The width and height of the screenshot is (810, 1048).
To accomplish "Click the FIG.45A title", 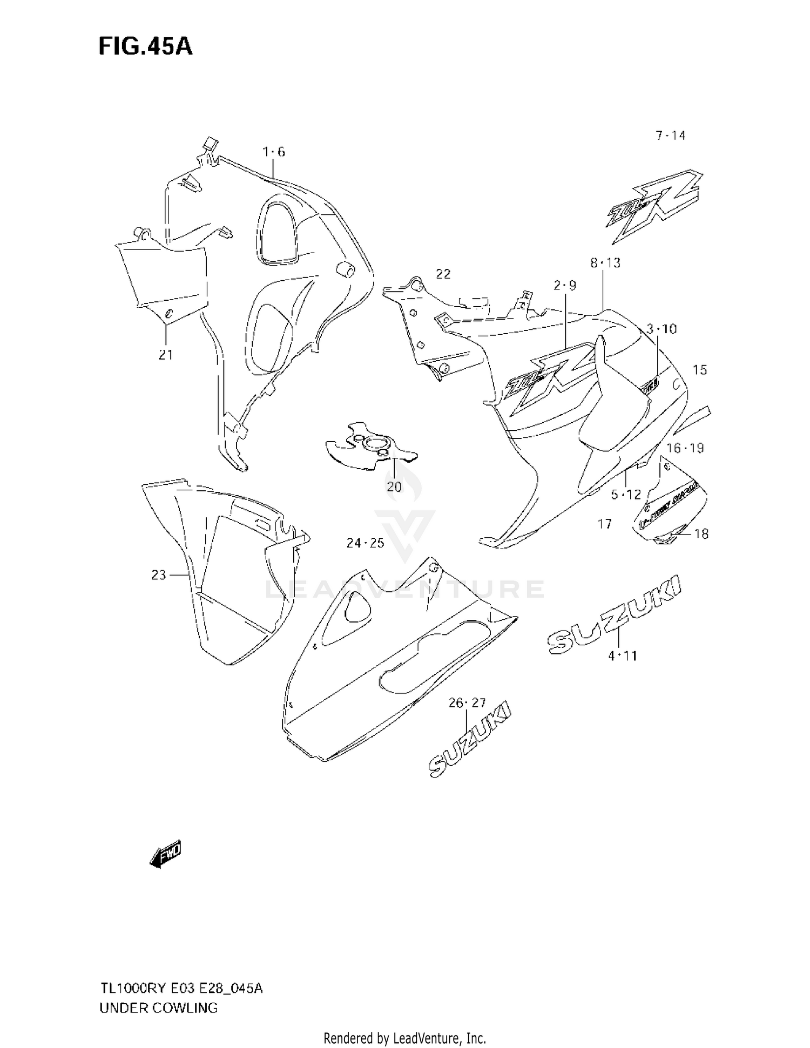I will point(145,47).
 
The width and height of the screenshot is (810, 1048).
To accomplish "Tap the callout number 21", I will point(165,355).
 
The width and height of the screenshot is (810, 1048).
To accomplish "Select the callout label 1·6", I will point(274,152).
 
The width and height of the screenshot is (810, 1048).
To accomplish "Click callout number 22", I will point(443,274).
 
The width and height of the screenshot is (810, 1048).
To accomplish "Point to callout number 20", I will point(394,487).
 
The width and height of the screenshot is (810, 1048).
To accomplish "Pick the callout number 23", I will point(158,576).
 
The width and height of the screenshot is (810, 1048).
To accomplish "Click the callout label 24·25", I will point(365,543).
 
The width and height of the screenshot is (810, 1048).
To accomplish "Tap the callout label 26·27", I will point(467,702).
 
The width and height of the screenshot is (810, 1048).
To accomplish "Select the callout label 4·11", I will point(622,656).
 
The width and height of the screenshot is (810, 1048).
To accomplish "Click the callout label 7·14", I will point(670,136).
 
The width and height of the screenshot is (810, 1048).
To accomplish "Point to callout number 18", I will point(701,534).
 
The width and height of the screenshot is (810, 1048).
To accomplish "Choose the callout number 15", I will point(699,370).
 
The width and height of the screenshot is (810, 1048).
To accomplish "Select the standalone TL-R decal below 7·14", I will point(654,206).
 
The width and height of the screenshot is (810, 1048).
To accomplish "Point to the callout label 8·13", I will point(605,263).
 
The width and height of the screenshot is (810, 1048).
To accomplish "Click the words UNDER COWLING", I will point(158,1008).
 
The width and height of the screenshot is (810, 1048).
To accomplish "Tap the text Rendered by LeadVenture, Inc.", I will point(404,1038).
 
